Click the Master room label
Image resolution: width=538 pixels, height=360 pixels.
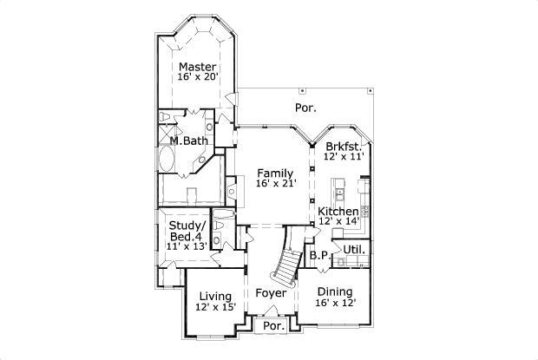(198, 67)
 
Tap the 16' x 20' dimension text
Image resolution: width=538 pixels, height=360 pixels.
(198, 78)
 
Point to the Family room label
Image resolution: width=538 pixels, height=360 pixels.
(274, 173)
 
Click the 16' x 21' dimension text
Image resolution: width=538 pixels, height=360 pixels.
(276, 184)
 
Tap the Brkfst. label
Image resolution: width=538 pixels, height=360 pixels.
(342, 147)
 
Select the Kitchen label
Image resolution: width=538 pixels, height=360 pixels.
(338, 212)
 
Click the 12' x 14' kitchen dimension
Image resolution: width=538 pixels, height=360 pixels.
(338, 222)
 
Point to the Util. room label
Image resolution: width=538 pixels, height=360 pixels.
(353, 250)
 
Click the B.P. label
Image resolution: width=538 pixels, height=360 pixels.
(318, 256)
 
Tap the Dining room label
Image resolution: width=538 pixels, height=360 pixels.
(334, 291)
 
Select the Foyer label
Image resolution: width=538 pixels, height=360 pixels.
(271, 294)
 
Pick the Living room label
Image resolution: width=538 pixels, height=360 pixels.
(215, 297)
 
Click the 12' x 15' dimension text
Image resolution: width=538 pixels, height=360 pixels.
(215, 308)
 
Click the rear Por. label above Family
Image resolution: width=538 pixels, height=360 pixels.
(305, 108)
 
